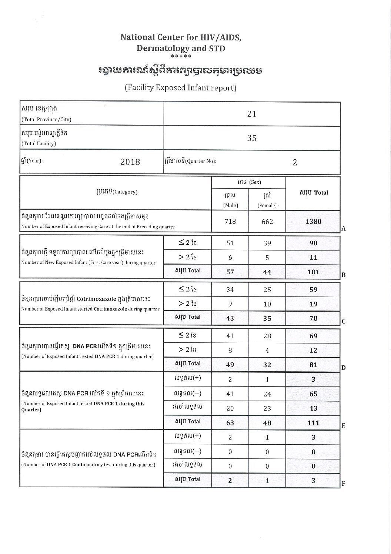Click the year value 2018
tap(130, 162)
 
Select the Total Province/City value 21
tap(251, 114)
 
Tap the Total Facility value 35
tap(251, 138)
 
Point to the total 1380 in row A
tap(313, 222)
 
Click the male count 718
tap(230, 221)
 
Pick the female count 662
tap(267, 222)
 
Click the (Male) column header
tap(230, 205)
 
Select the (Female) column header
tap(267, 205)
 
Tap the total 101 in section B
tap(313, 272)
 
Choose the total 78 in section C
tap(313, 318)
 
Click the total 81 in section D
tap(313, 365)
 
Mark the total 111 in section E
tap(313, 422)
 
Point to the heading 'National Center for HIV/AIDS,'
tap(181, 37)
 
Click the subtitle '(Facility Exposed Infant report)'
tap(180, 88)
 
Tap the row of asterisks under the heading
tap(181, 57)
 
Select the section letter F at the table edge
tap(343, 484)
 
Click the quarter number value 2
tap(295, 162)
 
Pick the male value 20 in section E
tap(230, 408)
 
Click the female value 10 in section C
tap(267, 304)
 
